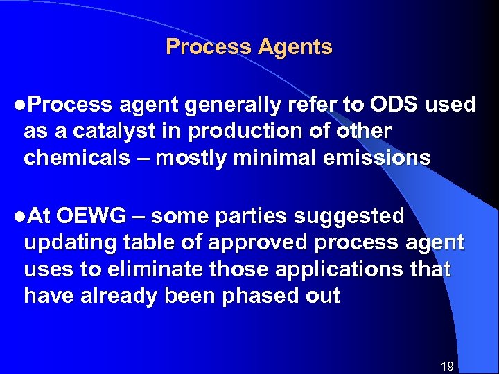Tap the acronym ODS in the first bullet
click(x=394, y=105)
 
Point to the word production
click(x=245, y=132)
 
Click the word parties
click(x=252, y=217)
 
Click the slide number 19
click(x=447, y=365)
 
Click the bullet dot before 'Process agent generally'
click(x=17, y=105)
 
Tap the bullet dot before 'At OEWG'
click(x=17, y=217)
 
